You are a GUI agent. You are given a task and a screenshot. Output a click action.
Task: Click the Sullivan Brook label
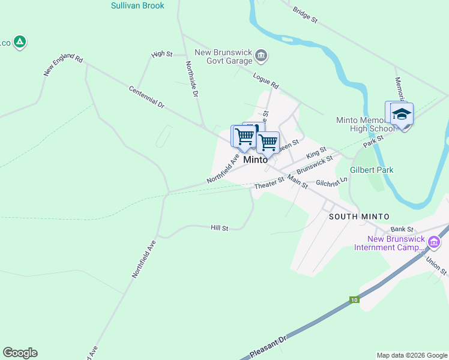(x=137, y=5)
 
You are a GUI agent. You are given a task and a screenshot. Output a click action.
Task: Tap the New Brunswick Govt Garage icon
(x=261, y=56)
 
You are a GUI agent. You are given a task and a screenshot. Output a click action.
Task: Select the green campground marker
(x=20, y=42)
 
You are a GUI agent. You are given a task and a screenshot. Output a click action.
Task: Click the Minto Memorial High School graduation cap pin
(x=401, y=114)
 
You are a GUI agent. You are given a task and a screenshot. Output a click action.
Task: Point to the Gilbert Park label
(x=373, y=170)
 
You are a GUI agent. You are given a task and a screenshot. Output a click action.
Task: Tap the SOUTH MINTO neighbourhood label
(x=360, y=217)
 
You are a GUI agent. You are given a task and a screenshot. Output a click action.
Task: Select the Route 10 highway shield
(x=355, y=299)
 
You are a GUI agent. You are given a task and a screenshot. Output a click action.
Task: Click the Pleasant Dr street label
(x=268, y=348)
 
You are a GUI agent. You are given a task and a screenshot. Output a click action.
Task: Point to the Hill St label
(x=220, y=229)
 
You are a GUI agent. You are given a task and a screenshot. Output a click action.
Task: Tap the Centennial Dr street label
(x=146, y=97)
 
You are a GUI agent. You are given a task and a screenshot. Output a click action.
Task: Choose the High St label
(x=162, y=54)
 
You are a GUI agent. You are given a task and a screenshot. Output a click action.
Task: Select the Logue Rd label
(x=266, y=81)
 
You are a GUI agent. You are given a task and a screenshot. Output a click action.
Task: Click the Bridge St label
(x=305, y=15)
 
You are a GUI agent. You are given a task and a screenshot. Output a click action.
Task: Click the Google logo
(x=20, y=353)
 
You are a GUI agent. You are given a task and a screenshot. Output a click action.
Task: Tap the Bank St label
(x=402, y=229)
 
